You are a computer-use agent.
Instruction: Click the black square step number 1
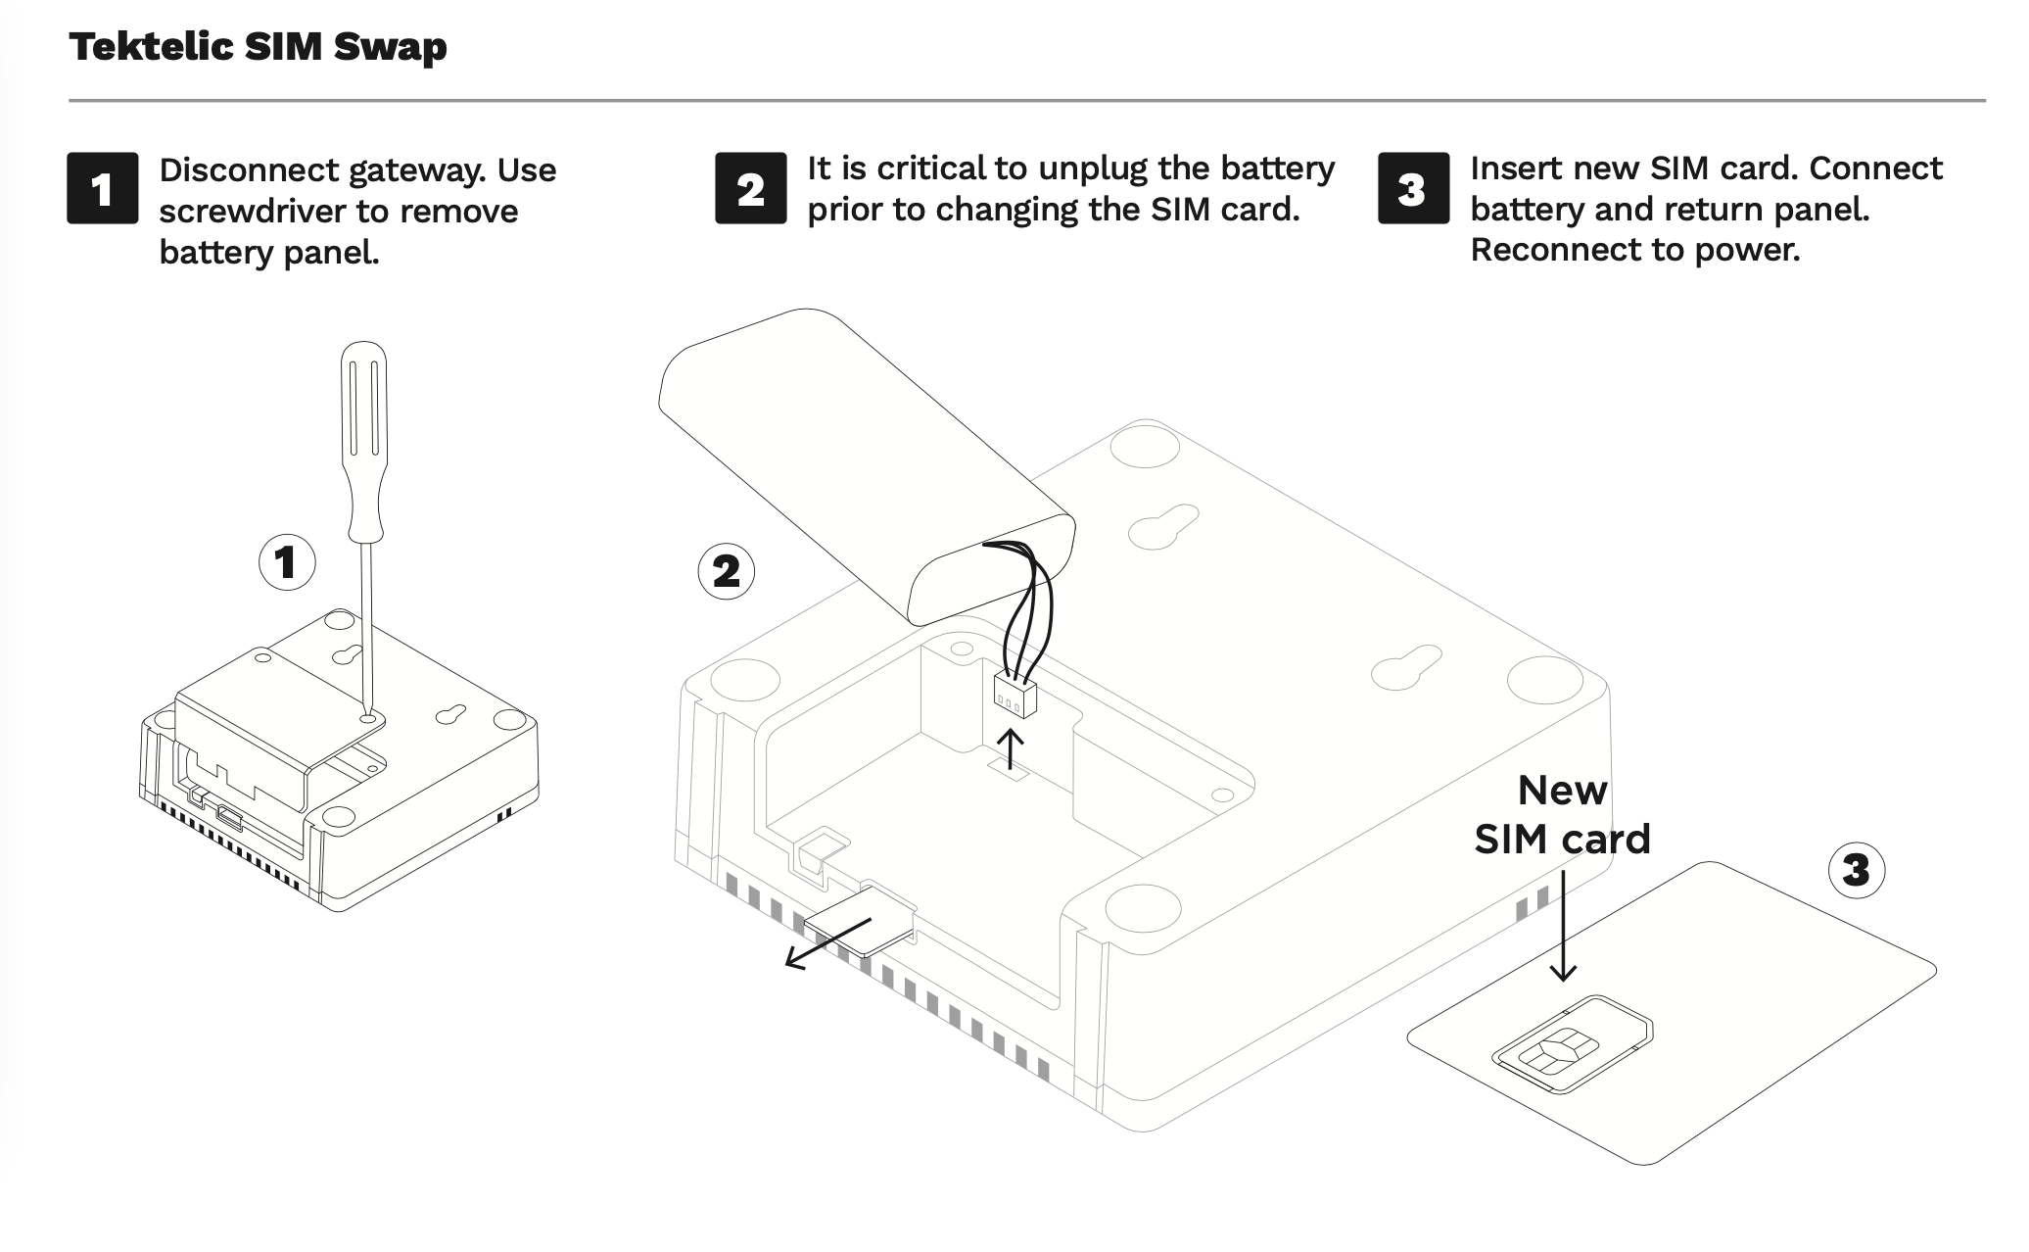[x=102, y=188]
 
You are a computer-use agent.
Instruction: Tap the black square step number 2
[x=750, y=188]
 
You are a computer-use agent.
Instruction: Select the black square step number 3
[x=1413, y=188]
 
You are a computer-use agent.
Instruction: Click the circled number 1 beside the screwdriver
[x=286, y=562]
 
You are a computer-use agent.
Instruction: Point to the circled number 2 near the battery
[x=726, y=571]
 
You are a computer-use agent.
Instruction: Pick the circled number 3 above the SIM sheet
[x=1856, y=869]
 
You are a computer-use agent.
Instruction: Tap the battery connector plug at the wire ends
[x=1014, y=696]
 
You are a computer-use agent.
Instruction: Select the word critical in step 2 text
[x=931, y=169]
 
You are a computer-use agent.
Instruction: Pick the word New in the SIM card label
[x=1562, y=790]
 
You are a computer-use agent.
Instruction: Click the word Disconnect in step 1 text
[x=249, y=170]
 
